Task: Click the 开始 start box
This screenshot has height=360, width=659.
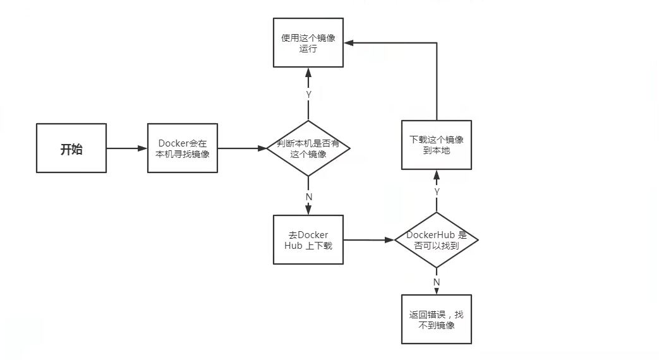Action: pyautogui.click(x=71, y=148)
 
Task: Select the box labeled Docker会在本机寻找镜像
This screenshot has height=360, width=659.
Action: pyautogui.click(x=183, y=148)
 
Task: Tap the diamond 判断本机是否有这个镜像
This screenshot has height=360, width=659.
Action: pyautogui.click(x=308, y=148)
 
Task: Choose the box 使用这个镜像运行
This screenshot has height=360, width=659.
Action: pyautogui.click(x=308, y=42)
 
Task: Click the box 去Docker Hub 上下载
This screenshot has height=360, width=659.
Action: pyautogui.click(x=308, y=239)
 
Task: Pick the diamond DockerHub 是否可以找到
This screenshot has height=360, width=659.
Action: pyautogui.click(x=436, y=240)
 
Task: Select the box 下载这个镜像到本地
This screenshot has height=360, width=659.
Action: pyautogui.click(x=436, y=145)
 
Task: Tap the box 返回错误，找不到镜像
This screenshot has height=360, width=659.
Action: pyautogui.click(x=436, y=319)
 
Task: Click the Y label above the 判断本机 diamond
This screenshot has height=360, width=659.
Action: pyautogui.click(x=308, y=95)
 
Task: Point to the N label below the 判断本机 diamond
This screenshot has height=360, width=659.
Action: pyautogui.click(x=309, y=196)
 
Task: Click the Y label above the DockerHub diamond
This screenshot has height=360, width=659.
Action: pyautogui.click(x=437, y=191)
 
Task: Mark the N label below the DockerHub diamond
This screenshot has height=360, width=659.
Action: pyautogui.click(x=437, y=282)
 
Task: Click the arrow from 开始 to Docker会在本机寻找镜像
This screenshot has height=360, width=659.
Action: pyautogui.click(x=126, y=148)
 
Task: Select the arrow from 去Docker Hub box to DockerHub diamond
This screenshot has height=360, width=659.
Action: pyautogui.click(x=369, y=240)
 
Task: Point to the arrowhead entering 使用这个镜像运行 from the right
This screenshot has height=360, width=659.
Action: pyautogui.click(x=348, y=42)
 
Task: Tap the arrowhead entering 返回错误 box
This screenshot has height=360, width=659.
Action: pyautogui.click(x=437, y=291)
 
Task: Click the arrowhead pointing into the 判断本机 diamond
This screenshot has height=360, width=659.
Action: pyautogui.click(x=262, y=148)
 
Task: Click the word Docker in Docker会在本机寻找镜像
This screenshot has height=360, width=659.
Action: pyautogui.click(x=173, y=143)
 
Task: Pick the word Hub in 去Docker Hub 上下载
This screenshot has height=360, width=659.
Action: pyautogui.click(x=293, y=245)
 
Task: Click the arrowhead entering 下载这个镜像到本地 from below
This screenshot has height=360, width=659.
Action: pyautogui.click(x=437, y=174)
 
